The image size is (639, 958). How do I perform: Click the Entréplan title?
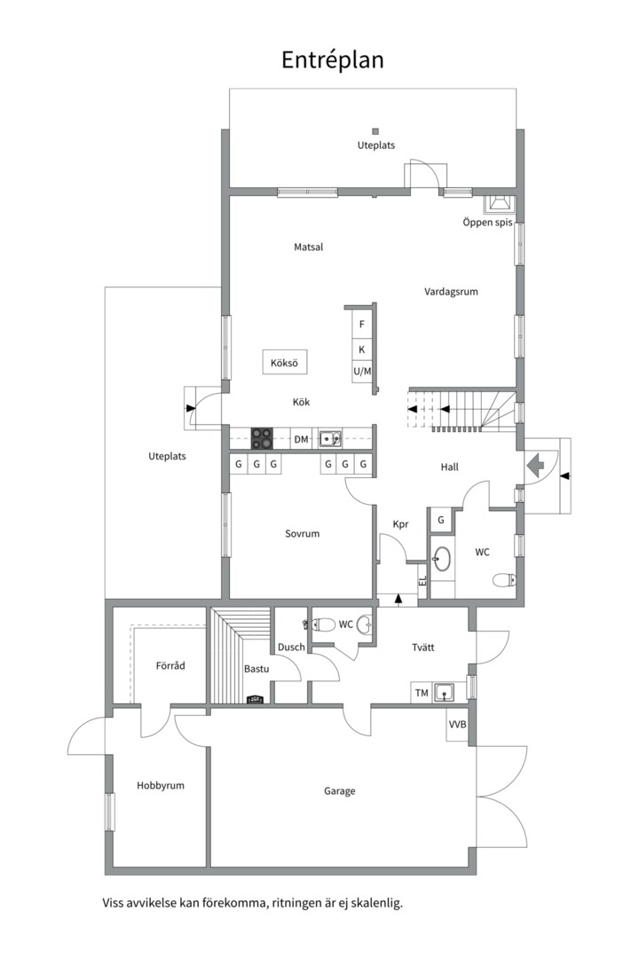tap(333, 60)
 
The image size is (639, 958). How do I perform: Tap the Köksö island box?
tap(284, 362)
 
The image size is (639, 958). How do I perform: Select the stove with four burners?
tap(263, 439)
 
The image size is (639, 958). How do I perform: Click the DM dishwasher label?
tap(302, 439)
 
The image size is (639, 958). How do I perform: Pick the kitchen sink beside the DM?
tap(330, 439)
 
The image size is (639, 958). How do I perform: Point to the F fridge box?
tap(362, 325)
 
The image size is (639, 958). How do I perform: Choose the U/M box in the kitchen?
tap(362, 371)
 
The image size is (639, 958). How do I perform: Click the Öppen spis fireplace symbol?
tap(501, 204)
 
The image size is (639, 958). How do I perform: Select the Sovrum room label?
tap(302, 533)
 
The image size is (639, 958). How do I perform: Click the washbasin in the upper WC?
tap(441, 558)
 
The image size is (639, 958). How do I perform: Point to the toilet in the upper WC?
tap(504, 579)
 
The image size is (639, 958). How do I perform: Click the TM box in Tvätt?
tap(422, 693)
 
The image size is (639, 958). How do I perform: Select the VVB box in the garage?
tap(457, 725)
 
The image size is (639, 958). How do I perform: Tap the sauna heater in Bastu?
tap(255, 700)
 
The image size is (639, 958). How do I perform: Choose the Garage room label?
tap(339, 791)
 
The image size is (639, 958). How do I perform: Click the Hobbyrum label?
tap(161, 786)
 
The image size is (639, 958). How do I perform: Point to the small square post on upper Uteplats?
tap(375, 130)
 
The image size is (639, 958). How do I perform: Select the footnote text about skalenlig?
tap(253, 903)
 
